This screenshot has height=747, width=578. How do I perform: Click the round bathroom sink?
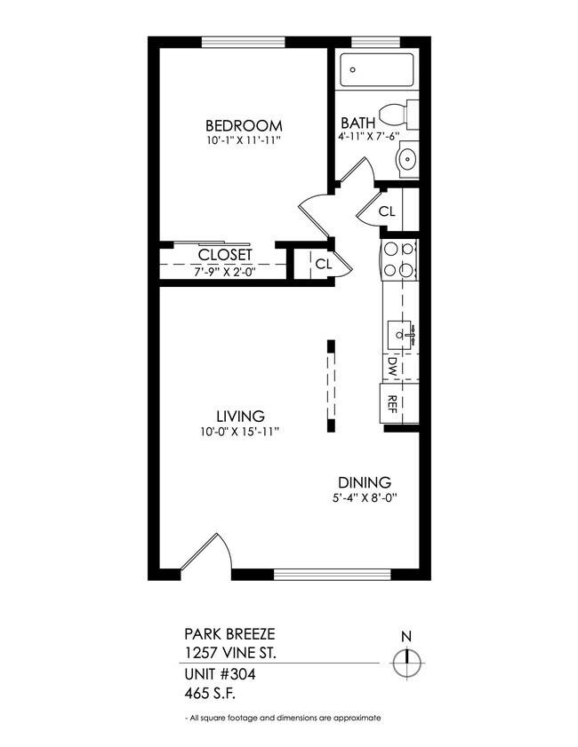pos(405,160)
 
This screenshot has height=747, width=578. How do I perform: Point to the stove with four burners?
pos(397,260)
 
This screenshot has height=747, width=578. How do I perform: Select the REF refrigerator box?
pos(392,403)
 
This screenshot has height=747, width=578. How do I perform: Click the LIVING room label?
pos(241,416)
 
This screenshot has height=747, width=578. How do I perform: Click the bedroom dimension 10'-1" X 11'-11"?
pos(243,140)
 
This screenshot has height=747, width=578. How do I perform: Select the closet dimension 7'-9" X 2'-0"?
pos(225,272)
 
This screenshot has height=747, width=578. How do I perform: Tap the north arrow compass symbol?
pos(407,662)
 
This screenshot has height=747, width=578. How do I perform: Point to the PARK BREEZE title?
pos(229,634)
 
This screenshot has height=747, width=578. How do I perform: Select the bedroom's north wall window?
pos(243,42)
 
